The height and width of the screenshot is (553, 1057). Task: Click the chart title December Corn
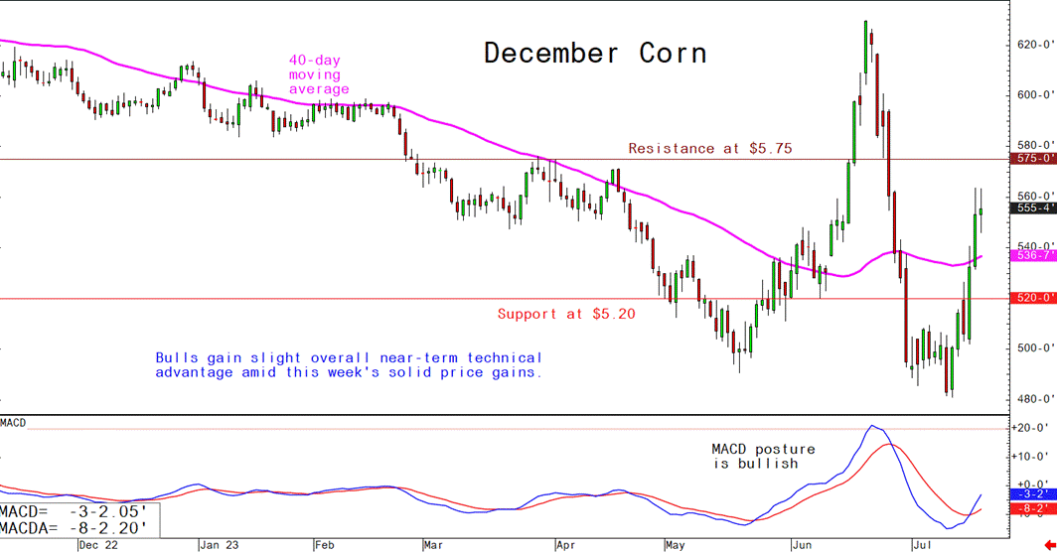point(595,53)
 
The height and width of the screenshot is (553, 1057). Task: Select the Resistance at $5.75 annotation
point(710,149)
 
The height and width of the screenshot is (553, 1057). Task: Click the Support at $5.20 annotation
point(566,315)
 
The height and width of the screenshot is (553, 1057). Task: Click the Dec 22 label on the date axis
point(97,545)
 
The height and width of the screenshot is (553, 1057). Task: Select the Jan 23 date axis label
point(219,545)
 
